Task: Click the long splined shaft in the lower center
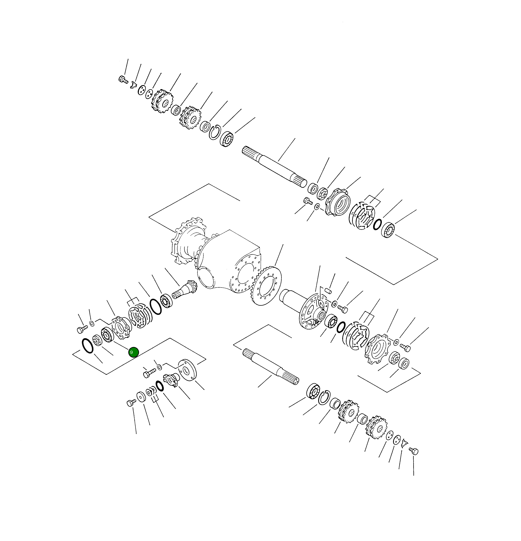[271, 367]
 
